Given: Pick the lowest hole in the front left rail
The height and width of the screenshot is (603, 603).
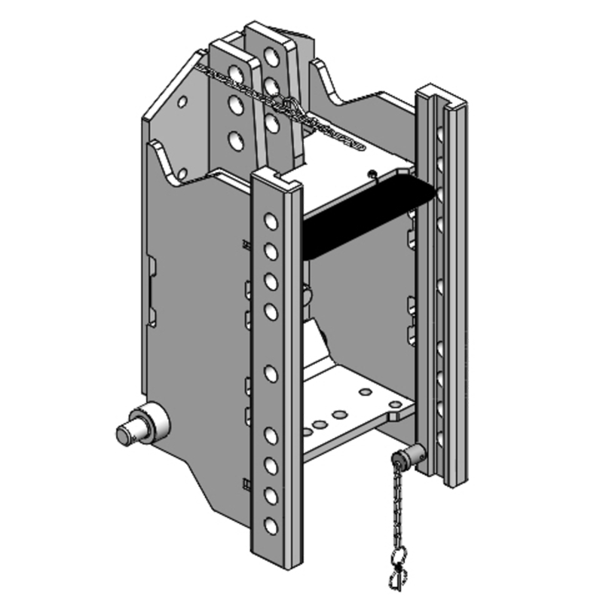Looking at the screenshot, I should pos(271,522).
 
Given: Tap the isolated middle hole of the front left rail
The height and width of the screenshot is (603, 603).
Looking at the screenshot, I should pos(270,370).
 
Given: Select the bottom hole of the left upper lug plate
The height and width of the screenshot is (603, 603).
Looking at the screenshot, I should pos(235,139).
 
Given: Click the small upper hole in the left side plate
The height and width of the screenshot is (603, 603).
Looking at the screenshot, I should pos(182,101).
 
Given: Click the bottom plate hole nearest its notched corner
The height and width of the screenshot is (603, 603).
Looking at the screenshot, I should pos(366,392).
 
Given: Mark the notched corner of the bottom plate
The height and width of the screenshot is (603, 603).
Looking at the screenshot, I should pos(395,411).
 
